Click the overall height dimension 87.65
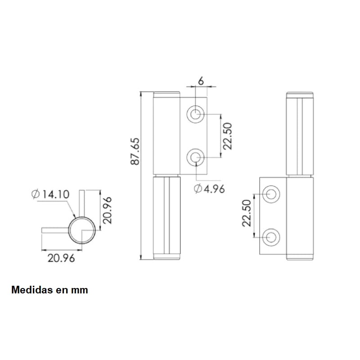click(135, 152)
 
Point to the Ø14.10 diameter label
click(50, 194)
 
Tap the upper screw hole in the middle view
click(195, 114)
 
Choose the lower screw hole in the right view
click(271, 237)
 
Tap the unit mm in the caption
click(79, 290)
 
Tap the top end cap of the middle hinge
click(166, 95)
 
